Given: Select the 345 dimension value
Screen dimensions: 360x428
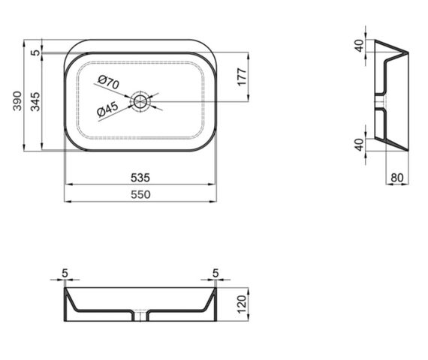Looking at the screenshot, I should pos(35,100).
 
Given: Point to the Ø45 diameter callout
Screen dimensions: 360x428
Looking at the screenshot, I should pos(108,111).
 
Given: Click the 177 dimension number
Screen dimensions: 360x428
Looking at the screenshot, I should pos(242,77).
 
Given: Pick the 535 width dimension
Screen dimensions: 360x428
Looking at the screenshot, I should pos(141,178).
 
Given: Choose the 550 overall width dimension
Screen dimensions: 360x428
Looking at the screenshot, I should pos(141,195).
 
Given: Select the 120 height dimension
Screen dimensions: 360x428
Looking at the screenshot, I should pos(242,304).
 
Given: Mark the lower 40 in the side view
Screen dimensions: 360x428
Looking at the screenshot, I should pos(359,144).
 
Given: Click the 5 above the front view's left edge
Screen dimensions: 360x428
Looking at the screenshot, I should pos(65,273).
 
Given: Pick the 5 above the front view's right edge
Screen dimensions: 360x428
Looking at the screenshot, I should pos(216,273).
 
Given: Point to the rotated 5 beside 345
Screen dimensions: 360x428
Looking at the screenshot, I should pos(35,52).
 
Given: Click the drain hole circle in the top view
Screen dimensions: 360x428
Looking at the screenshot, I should pos(140,100).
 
